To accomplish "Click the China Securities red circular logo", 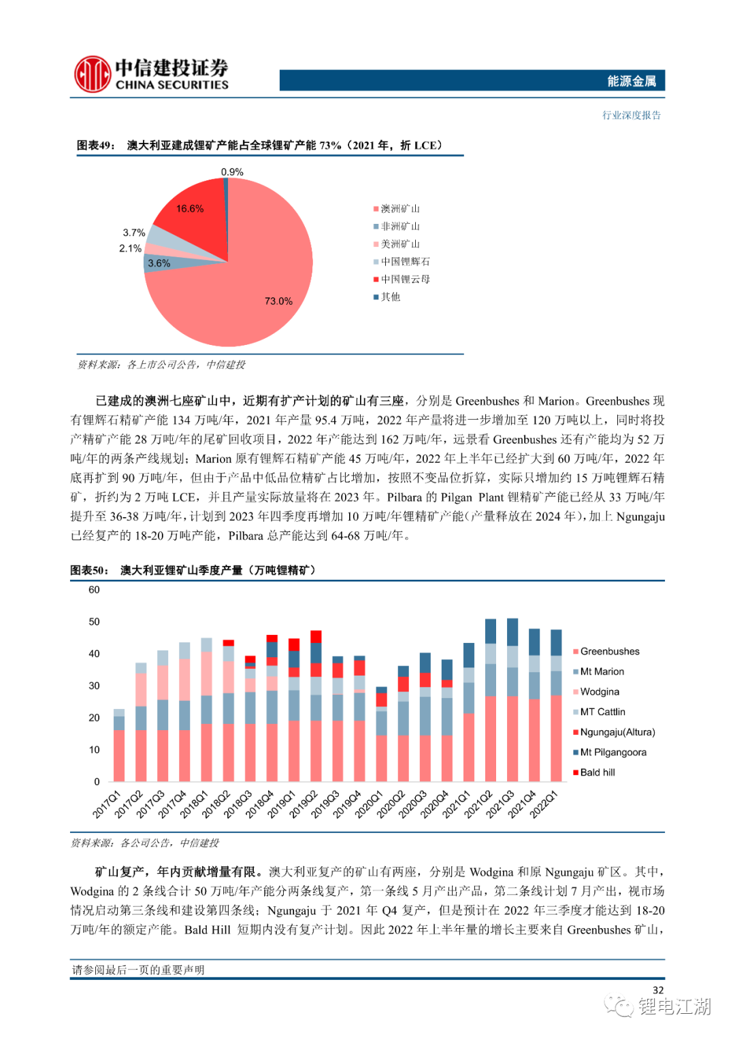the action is click(x=93, y=73).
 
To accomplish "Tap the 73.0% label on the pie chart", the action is click(x=278, y=301).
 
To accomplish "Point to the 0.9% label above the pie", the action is click(x=232, y=171).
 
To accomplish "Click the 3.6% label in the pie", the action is click(x=159, y=263).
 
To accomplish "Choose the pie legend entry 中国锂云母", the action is click(x=402, y=279).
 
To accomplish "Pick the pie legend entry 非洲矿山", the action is click(x=397, y=227).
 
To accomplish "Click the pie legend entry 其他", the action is click(x=387, y=297).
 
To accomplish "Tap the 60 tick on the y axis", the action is click(x=94, y=589).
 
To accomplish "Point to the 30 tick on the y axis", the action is click(x=94, y=686).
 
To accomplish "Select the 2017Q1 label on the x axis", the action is click(x=108, y=804).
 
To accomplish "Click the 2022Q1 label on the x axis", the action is click(x=544, y=804).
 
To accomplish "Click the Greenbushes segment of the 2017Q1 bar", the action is click(x=119, y=755).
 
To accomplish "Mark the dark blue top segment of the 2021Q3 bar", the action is click(x=512, y=631).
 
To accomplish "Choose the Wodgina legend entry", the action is click(x=596, y=691).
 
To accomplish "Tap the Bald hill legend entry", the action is click(x=594, y=772).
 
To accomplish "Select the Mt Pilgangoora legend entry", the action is click(x=610, y=752).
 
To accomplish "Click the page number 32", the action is click(x=658, y=990).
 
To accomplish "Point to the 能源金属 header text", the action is click(x=632, y=81).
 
